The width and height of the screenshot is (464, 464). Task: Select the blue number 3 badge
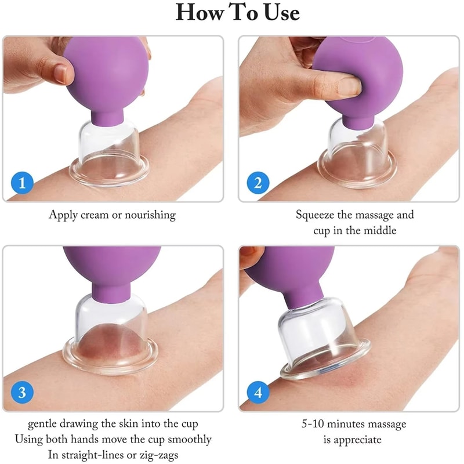point(22,393)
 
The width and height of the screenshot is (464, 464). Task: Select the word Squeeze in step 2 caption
point(316,215)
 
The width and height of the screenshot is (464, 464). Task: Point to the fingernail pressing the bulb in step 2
point(350,86)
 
